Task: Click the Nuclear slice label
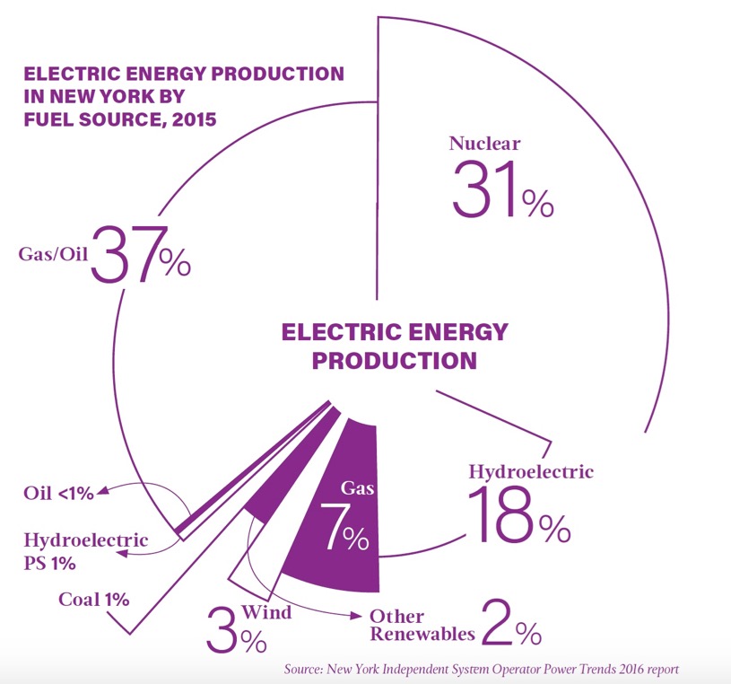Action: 484,144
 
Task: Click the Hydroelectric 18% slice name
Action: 531,471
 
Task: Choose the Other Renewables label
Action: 422,626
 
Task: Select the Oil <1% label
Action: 58,493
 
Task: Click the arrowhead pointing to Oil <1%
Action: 101,491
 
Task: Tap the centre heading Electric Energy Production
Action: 394,346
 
